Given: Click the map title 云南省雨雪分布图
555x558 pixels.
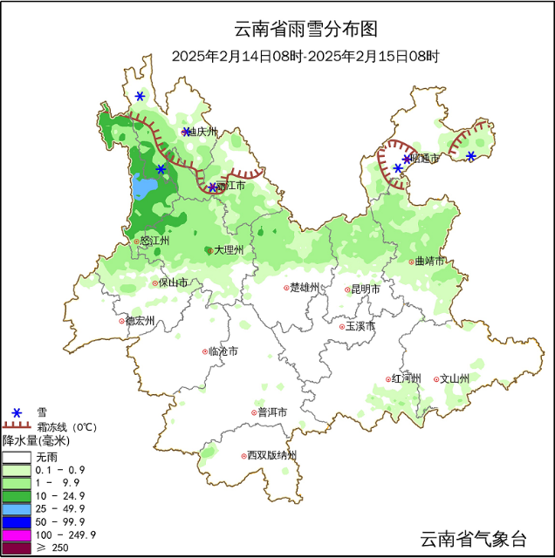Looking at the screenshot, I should (306, 29).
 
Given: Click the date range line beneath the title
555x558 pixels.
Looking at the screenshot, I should (305, 56).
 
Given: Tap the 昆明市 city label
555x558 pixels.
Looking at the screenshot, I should (364, 289).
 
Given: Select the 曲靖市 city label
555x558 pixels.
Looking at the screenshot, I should (429, 261).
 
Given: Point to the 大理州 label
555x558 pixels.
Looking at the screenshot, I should (228, 250).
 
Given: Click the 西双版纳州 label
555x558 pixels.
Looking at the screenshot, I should (271, 455).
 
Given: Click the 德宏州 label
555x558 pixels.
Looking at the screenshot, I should (139, 321).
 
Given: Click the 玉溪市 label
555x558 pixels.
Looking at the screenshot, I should (359, 326).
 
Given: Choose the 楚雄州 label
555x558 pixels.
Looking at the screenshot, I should (305, 288).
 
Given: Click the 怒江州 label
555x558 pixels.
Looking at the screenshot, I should (154, 241).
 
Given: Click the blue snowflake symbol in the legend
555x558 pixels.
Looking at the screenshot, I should (16, 412).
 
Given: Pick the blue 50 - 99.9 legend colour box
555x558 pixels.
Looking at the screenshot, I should (16, 521).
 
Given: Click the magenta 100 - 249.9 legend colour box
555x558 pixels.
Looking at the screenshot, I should (16, 534).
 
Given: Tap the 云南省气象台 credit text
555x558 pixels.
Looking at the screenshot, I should (473, 539).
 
